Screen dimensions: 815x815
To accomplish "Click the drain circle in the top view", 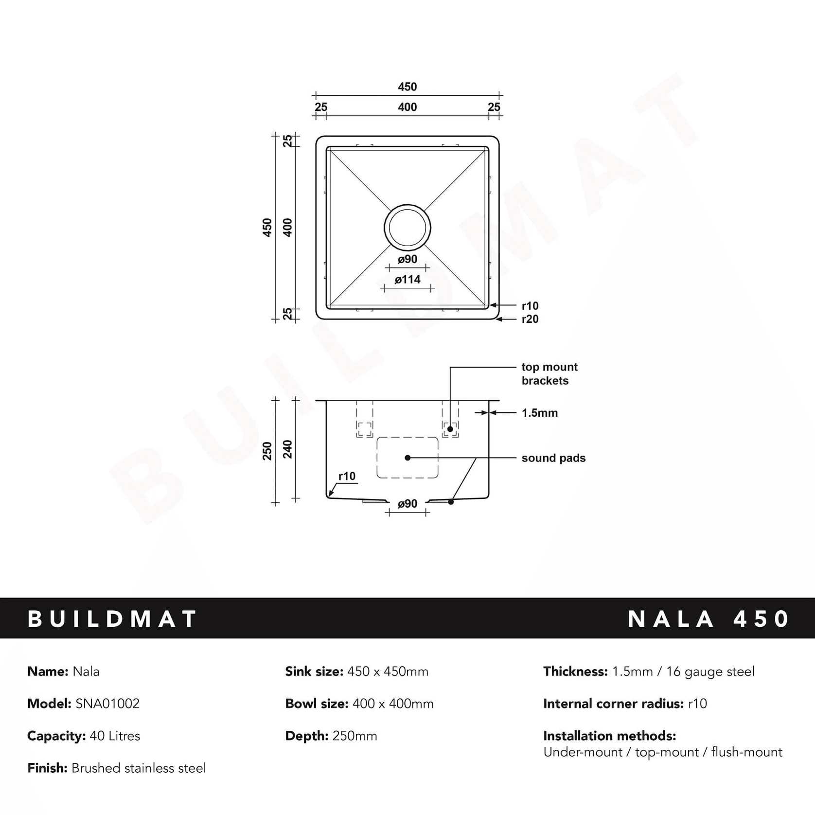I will coord(407,227).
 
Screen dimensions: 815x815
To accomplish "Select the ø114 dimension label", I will coord(407,280).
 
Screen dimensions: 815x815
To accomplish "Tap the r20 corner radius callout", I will coord(530,319).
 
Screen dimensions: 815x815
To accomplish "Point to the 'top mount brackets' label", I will coord(549,373).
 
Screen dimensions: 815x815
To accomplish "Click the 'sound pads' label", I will coord(553,458).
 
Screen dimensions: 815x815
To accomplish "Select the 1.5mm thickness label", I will coord(539,413).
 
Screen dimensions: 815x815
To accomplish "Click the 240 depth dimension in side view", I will coord(288,449).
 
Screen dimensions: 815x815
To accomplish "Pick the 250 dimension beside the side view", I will coord(267,451).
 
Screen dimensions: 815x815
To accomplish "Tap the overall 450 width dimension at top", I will coord(407,87).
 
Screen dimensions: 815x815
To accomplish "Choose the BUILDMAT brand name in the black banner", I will coord(112,619).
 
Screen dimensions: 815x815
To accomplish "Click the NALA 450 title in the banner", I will coord(708,619).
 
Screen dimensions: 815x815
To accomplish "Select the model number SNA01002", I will coord(107,704).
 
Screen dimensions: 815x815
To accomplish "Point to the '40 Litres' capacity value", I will coord(115,736).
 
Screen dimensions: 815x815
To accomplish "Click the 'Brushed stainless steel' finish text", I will coord(139,768).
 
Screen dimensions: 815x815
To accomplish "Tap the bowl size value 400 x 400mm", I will coord(392,704).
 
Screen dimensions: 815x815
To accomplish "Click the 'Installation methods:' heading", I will coord(609,736).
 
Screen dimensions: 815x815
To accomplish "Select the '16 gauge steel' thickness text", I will coord(710,672).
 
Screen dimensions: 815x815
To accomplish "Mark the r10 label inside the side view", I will coord(347,476).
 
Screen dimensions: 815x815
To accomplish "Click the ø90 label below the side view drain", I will coord(407,504).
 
